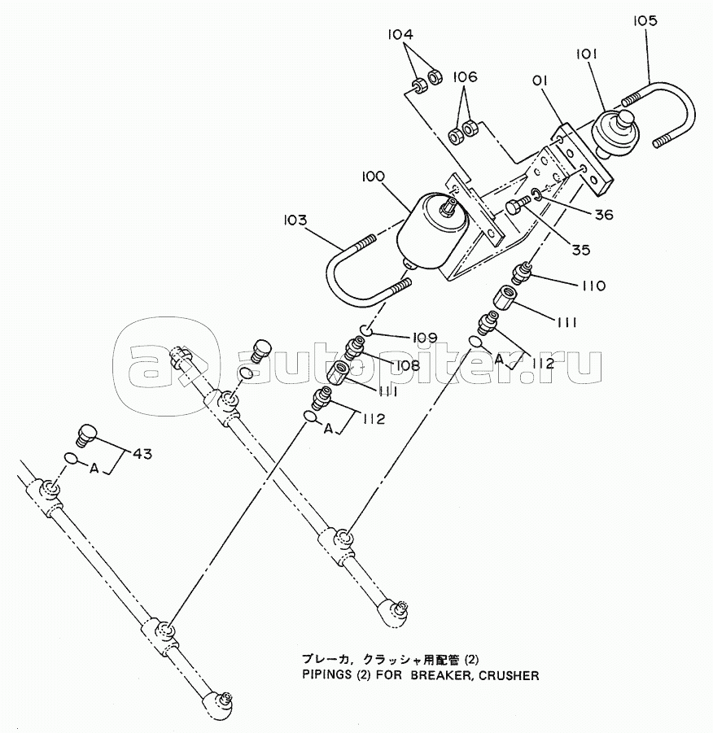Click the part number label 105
pos(645,21)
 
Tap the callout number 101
pos(586,55)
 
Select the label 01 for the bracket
pos(540,81)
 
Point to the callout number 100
pos(373,177)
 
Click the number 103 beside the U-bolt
pos(295,220)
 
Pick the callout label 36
pos(603,215)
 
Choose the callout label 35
pos(580,250)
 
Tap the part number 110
pos(593,286)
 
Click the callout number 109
pos(424,338)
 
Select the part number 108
pos(407,365)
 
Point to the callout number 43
pos(142,453)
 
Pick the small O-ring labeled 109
pos(366,331)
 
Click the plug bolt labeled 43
pos(86,434)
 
